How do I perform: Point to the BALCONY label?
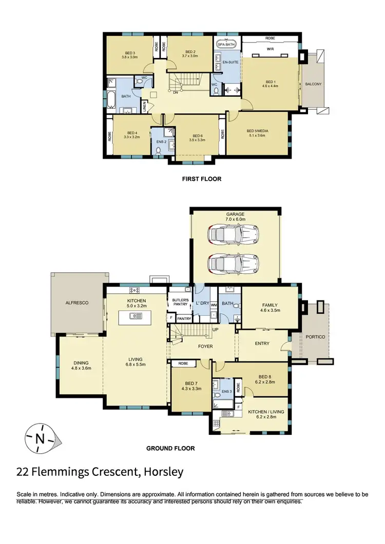pyautogui.click(x=314, y=84)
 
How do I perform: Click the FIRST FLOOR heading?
pyautogui.click(x=201, y=179)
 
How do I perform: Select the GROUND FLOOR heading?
pyautogui.click(x=170, y=448)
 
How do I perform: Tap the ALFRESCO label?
pyautogui.click(x=78, y=303)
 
